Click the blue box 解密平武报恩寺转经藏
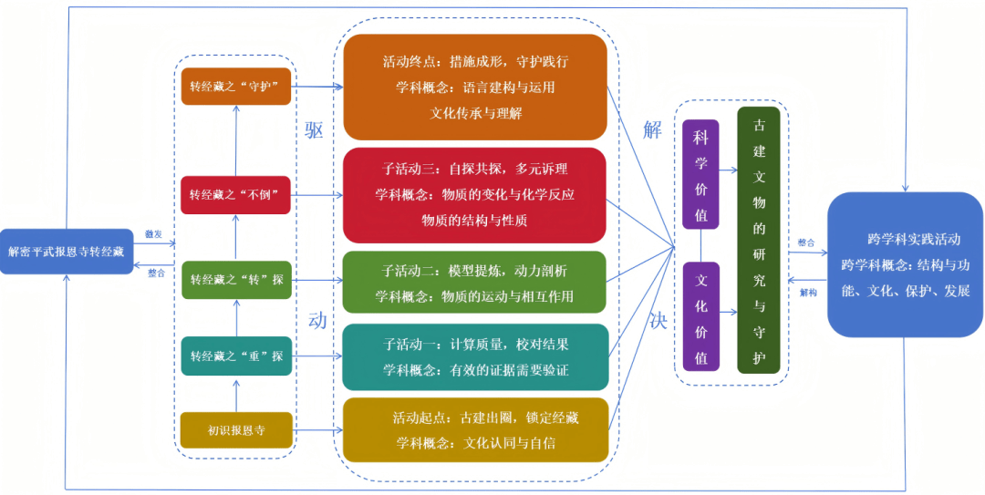[x=67, y=251]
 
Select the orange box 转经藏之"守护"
[x=235, y=87]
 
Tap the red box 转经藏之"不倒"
[x=235, y=194]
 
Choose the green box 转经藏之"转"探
[x=235, y=279]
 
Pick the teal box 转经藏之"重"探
[x=235, y=356]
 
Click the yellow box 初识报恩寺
[x=235, y=429]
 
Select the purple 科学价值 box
[x=700, y=174]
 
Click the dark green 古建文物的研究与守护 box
[x=759, y=240]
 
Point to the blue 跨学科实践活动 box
[x=904, y=264]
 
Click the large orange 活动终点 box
[x=474, y=88]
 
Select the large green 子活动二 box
[x=474, y=283]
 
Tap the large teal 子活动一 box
[x=474, y=356]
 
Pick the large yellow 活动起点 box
[x=474, y=429]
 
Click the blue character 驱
[x=315, y=129]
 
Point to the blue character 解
[x=652, y=129]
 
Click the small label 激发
[x=153, y=234]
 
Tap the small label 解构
[x=807, y=293]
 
